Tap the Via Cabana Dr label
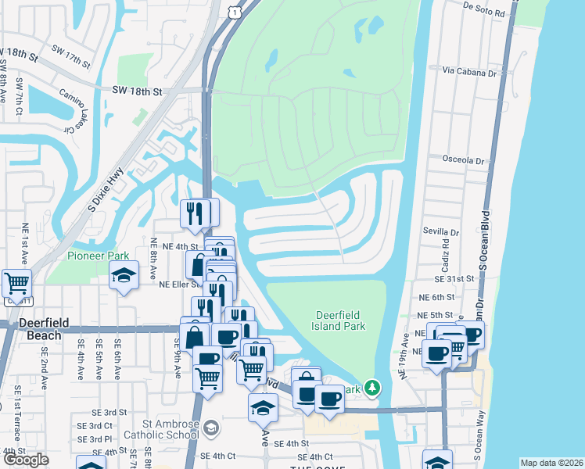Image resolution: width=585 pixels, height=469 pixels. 470,71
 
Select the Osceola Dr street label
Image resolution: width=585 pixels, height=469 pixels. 463,160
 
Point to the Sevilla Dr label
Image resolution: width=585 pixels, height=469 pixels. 442,232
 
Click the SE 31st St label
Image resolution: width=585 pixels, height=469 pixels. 456,278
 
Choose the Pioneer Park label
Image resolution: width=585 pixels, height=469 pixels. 98,256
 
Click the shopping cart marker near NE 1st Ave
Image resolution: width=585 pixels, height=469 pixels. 16,283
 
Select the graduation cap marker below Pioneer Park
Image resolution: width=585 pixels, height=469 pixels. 124,275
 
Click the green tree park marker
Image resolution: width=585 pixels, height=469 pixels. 374,388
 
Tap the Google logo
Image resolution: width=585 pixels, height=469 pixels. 26,460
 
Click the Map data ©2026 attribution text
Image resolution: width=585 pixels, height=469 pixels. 551,463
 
